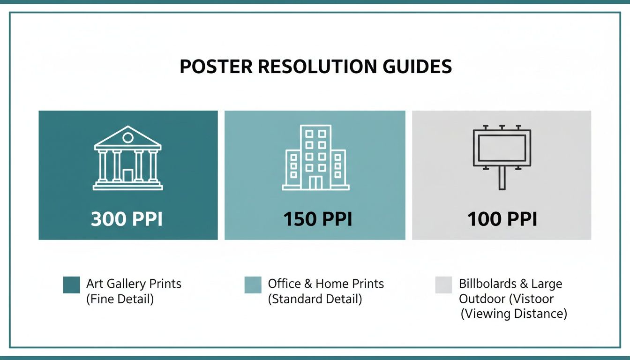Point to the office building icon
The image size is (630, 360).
click(315, 157)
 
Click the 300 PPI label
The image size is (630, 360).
click(127, 219)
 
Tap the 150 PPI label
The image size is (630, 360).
click(317, 219)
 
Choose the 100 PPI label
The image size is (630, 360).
click(502, 219)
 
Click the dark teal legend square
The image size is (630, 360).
click(71, 285)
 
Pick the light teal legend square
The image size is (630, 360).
click(253, 285)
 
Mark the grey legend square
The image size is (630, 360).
click(443, 285)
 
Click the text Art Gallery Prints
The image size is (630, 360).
click(134, 284)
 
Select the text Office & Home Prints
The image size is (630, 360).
click(326, 284)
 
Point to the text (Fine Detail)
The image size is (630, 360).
click(120, 299)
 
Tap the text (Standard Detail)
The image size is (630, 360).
click(315, 299)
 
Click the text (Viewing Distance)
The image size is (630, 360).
click(514, 314)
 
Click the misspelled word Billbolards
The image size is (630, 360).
click(487, 284)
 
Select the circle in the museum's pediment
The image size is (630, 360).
click(127, 137)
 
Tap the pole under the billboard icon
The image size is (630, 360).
click(502, 179)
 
